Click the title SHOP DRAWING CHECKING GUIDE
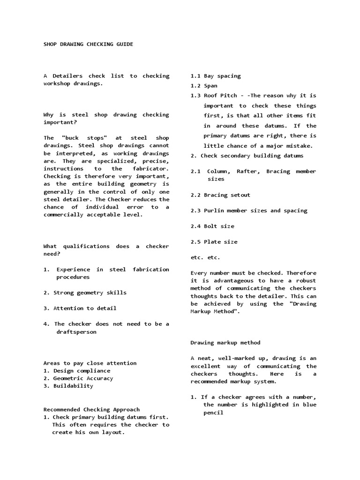88,45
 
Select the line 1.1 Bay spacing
216,76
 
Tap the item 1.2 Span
204,86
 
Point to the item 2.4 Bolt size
212,226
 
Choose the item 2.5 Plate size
214,242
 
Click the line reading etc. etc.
205,257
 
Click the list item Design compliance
76,371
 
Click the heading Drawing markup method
225,343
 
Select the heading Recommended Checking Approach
91,409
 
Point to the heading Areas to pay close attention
90,363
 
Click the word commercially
63,215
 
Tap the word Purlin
214,211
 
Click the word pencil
213,413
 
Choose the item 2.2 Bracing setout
220,195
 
